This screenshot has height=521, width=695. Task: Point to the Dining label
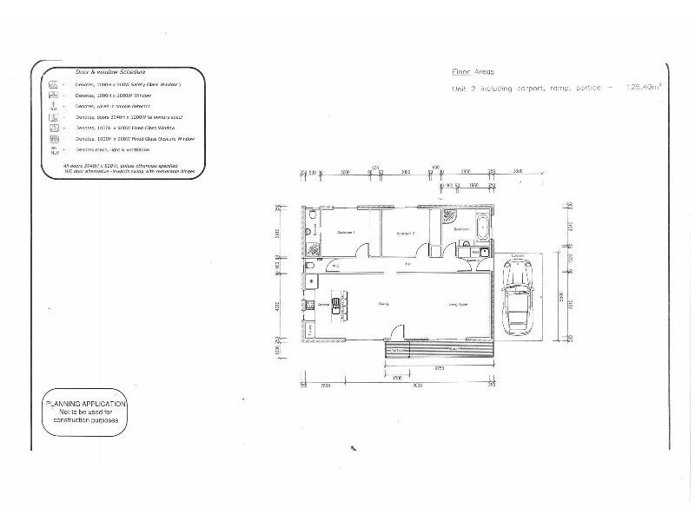pyautogui.click(x=382, y=305)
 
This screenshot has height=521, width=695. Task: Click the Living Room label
pyautogui.click(x=458, y=305)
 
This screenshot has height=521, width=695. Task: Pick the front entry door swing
pyautogui.click(x=395, y=333)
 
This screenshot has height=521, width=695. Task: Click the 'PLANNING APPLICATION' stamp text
pyautogui.click(x=85, y=404)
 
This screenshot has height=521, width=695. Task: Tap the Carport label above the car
pyautogui.click(x=518, y=256)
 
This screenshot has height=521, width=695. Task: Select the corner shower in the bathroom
pyautogui.click(x=448, y=214)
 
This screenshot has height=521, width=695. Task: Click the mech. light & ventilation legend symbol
pyautogui.click(x=54, y=148)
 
